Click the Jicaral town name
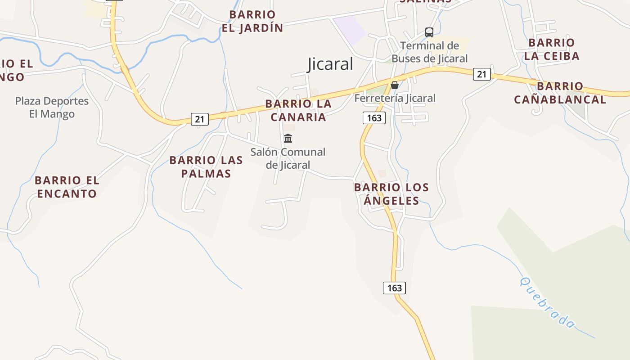coord(330,64)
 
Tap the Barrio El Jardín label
coord(252,21)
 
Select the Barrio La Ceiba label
coord(551,49)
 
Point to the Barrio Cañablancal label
coord(560,93)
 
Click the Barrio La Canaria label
coord(298,110)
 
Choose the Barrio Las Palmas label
coord(206,166)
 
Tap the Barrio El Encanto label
coord(67,187)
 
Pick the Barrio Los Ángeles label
coord(391,193)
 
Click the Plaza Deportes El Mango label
coord(52,107)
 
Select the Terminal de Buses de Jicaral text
coord(429,52)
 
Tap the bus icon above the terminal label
coord(429,32)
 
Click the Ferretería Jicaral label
coord(395,98)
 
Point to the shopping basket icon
coord(395,85)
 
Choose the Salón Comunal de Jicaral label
coord(288,158)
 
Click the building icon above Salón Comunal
coord(288,138)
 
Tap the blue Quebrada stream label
coord(547,302)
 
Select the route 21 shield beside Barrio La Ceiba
coord(481,74)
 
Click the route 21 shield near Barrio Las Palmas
coord(199,119)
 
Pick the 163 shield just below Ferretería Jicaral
coord(374,118)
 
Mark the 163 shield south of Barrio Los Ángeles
coord(394,288)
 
